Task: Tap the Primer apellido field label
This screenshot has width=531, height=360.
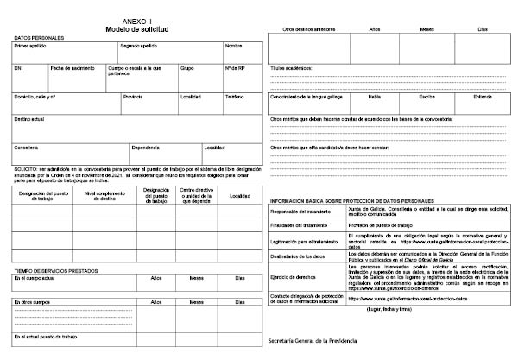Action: [31, 46]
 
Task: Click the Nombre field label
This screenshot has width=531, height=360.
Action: [234, 46]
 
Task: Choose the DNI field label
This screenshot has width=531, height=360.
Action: [20, 67]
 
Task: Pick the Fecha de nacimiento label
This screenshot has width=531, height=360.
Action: [72, 67]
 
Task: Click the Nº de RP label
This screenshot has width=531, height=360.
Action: [236, 67]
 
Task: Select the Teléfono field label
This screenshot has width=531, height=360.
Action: [235, 97]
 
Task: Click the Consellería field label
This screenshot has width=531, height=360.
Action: [27, 147]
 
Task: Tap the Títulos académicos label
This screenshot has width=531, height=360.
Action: [291, 67]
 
